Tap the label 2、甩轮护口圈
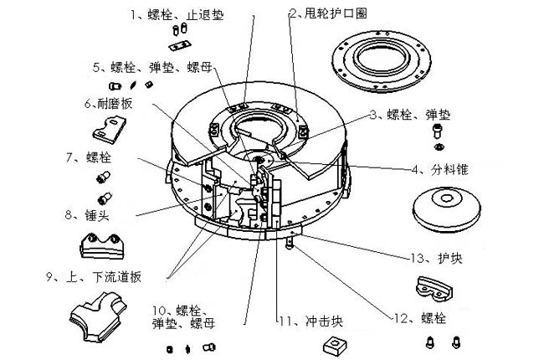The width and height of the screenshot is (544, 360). [x=327, y=13]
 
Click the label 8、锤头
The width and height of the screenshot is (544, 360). [x=91, y=215]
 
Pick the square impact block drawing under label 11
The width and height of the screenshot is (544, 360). [x=336, y=345]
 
